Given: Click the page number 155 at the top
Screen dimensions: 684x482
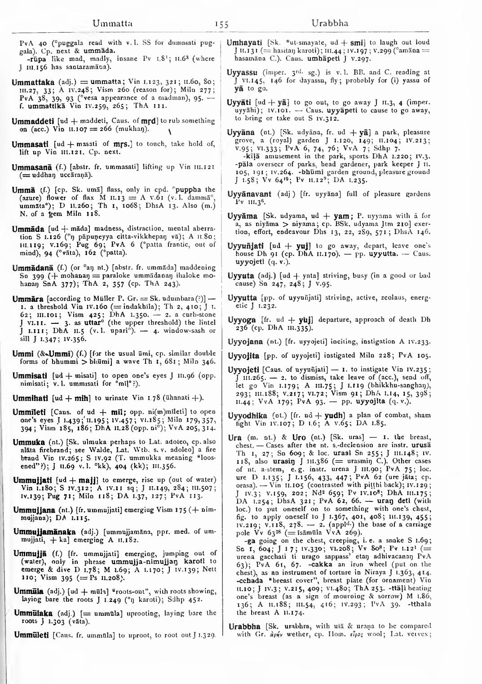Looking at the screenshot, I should click(x=222, y=23).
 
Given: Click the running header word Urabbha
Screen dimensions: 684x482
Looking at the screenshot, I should click(x=330, y=23).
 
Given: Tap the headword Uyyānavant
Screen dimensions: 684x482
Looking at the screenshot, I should click(x=254, y=194).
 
